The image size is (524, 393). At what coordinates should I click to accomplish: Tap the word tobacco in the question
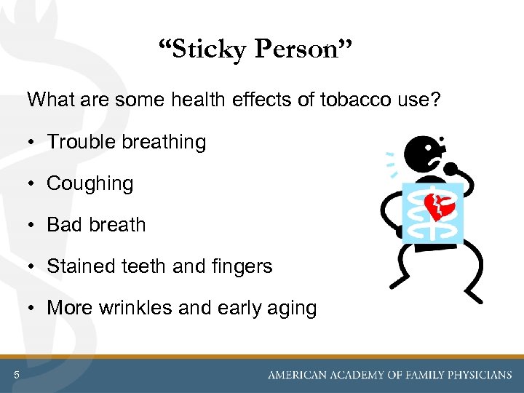click(348, 100)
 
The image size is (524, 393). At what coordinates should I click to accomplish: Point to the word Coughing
click(90, 184)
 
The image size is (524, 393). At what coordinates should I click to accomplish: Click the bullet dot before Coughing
click(34, 184)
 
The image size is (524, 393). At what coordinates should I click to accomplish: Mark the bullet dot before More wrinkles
click(34, 308)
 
